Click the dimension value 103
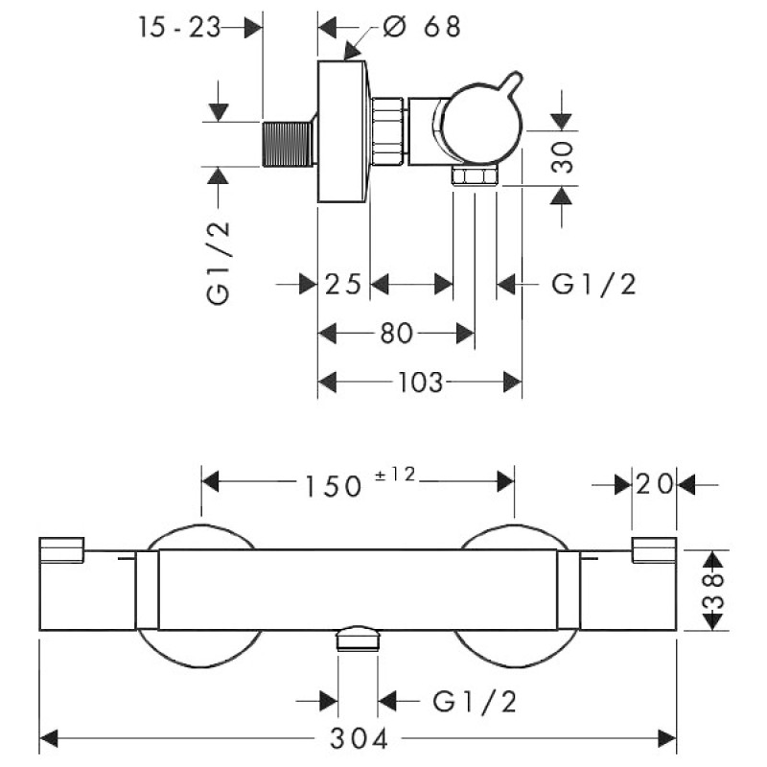click(x=420, y=383)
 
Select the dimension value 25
click(x=342, y=284)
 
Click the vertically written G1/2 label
click(x=220, y=259)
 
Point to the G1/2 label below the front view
click(x=476, y=703)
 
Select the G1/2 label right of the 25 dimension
click(x=594, y=284)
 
